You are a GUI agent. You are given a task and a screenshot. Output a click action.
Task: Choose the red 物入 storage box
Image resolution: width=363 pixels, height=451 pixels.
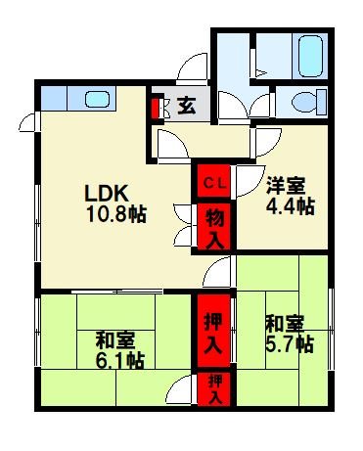(x=212, y=226)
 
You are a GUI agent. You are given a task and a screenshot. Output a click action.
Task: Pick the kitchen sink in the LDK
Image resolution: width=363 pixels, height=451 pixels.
(x=97, y=99)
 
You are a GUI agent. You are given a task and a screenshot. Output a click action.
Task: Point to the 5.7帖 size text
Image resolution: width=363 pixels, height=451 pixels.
(x=291, y=343)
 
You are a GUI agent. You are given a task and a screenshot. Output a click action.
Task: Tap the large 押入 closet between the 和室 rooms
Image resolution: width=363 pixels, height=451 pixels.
(x=212, y=333)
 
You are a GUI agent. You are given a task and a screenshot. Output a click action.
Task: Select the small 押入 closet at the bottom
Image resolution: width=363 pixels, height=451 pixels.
(x=212, y=389)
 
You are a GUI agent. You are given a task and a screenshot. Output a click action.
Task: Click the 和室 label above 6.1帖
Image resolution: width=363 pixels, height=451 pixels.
(x=115, y=339)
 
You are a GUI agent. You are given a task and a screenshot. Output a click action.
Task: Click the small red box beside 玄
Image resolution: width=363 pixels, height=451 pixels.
(x=154, y=105)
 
